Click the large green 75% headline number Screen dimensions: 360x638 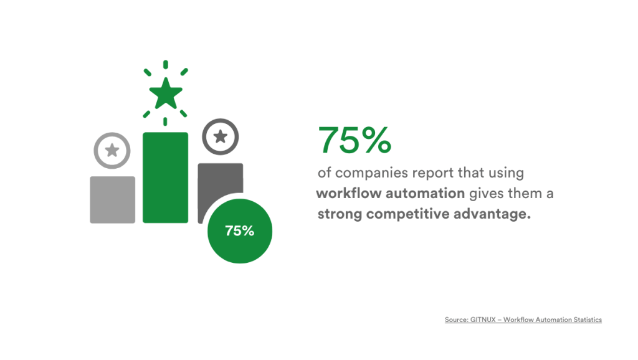click(355, 141)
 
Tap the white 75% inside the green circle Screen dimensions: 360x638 click(240, 230)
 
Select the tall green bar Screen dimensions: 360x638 click(165, 178)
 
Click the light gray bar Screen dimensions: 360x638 click(112, 199)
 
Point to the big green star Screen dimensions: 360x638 click(166, 94)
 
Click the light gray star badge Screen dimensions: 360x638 click(112, 150)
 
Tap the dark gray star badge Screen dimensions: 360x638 click(221, 136)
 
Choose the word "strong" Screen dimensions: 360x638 click(340, 215)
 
